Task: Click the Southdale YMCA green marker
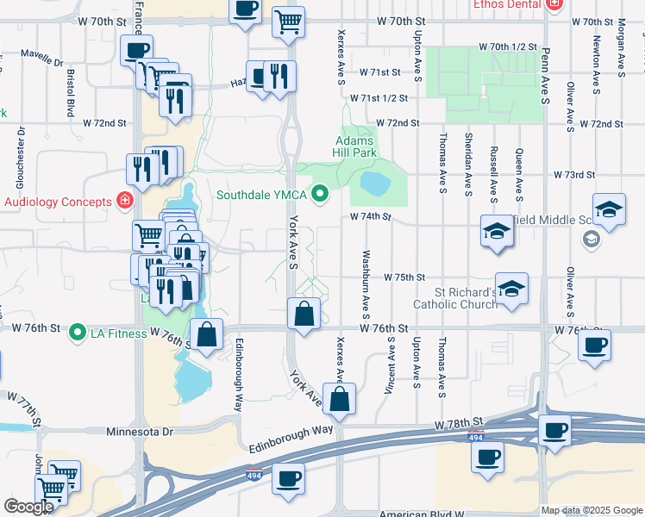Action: (321, 194)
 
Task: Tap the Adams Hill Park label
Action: (354, 146)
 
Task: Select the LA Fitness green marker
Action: (78, 331)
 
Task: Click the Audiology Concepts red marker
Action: (126, 202)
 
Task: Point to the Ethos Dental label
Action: (505, 4)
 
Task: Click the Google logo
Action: (28, 507)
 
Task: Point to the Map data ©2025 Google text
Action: (592, 510)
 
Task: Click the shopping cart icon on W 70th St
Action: (288, 22)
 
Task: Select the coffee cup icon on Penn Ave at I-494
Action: (554, 430)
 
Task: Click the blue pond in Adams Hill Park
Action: (374, 183)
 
